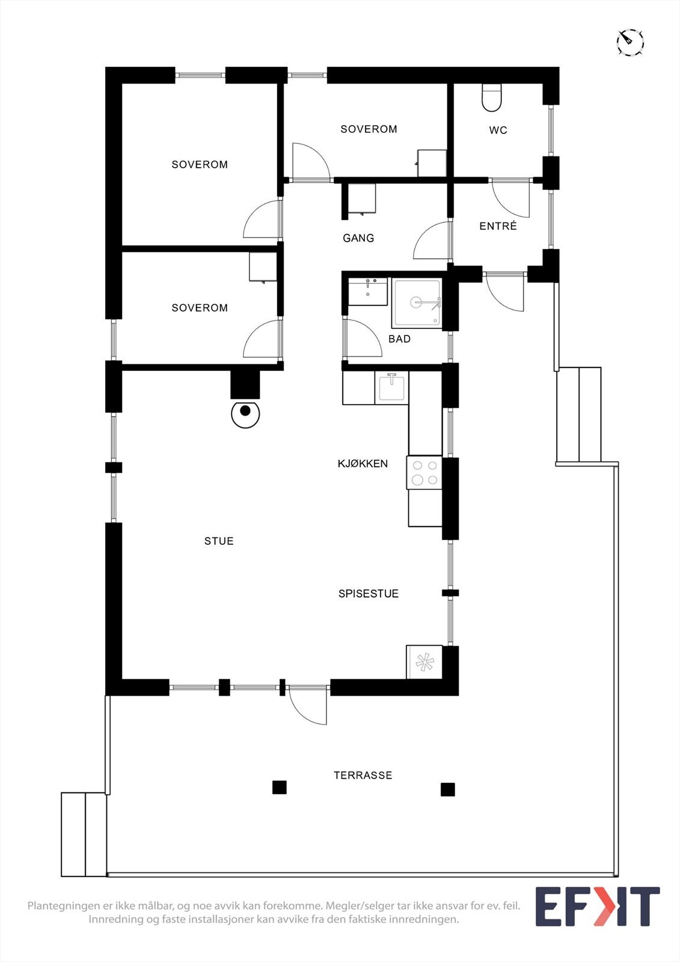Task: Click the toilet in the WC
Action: pos(492,98)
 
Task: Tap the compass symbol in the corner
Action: pos(630,42)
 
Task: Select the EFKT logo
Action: pos(597,906)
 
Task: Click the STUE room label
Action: pos(219,541)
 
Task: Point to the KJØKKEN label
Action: pos(363,464)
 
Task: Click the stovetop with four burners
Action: pos(424,473)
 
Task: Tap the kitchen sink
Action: pos(391,387)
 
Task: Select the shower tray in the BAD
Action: pos(417,302)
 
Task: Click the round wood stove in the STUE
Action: pos(245,414)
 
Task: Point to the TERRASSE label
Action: pos(363,776)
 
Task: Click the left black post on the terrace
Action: pos(280,787)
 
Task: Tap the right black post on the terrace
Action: pos(447,789)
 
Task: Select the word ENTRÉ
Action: pos(498,226)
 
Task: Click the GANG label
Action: pos(358,238)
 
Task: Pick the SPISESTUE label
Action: pos(369,593)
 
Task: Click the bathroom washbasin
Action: pos(367,291)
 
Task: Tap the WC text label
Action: pos(498,130)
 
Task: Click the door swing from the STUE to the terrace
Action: pos(308,705)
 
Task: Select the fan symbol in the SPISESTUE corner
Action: pos(424,662)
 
